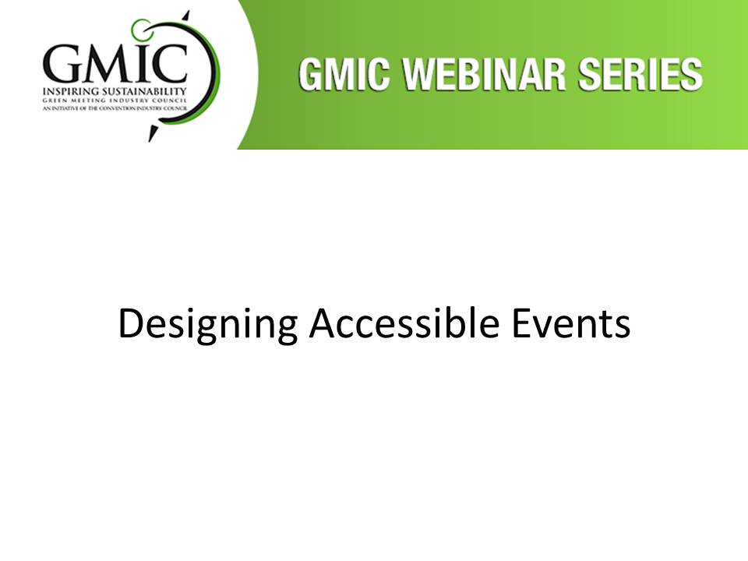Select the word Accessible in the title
[404, 323]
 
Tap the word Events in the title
[571, 323]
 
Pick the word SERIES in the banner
[640, 75]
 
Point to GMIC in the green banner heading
[344, 75]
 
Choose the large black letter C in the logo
[170, 64]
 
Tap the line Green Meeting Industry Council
[115, 101]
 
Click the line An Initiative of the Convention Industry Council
[115, 108]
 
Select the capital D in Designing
[129, 323]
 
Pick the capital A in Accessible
[323, 323]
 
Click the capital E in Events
[520, 323]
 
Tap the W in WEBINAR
[419, 75]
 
